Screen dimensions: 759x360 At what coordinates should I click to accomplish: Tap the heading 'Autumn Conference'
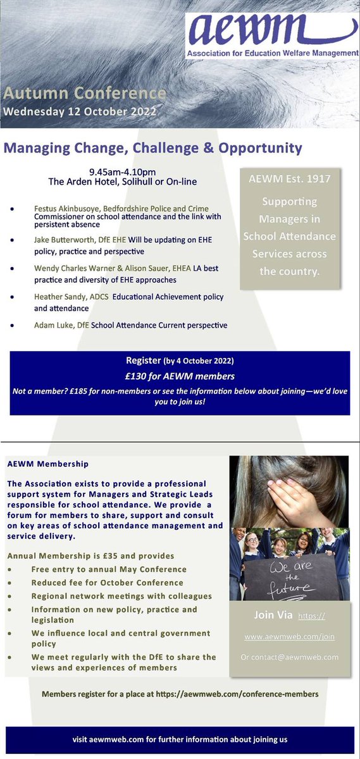coord(85,94)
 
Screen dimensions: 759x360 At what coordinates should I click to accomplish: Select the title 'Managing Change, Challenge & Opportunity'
coord(153,149)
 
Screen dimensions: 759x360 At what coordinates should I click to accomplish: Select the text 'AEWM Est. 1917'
coord(290,179)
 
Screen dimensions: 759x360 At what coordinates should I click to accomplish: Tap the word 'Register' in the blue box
coord(144,361)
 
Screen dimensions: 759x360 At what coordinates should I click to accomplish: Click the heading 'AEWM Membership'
coord(48,464)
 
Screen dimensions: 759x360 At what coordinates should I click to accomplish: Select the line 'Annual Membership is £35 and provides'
coord(90,556)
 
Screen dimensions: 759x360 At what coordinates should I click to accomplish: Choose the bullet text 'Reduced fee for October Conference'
coord(107,583)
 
